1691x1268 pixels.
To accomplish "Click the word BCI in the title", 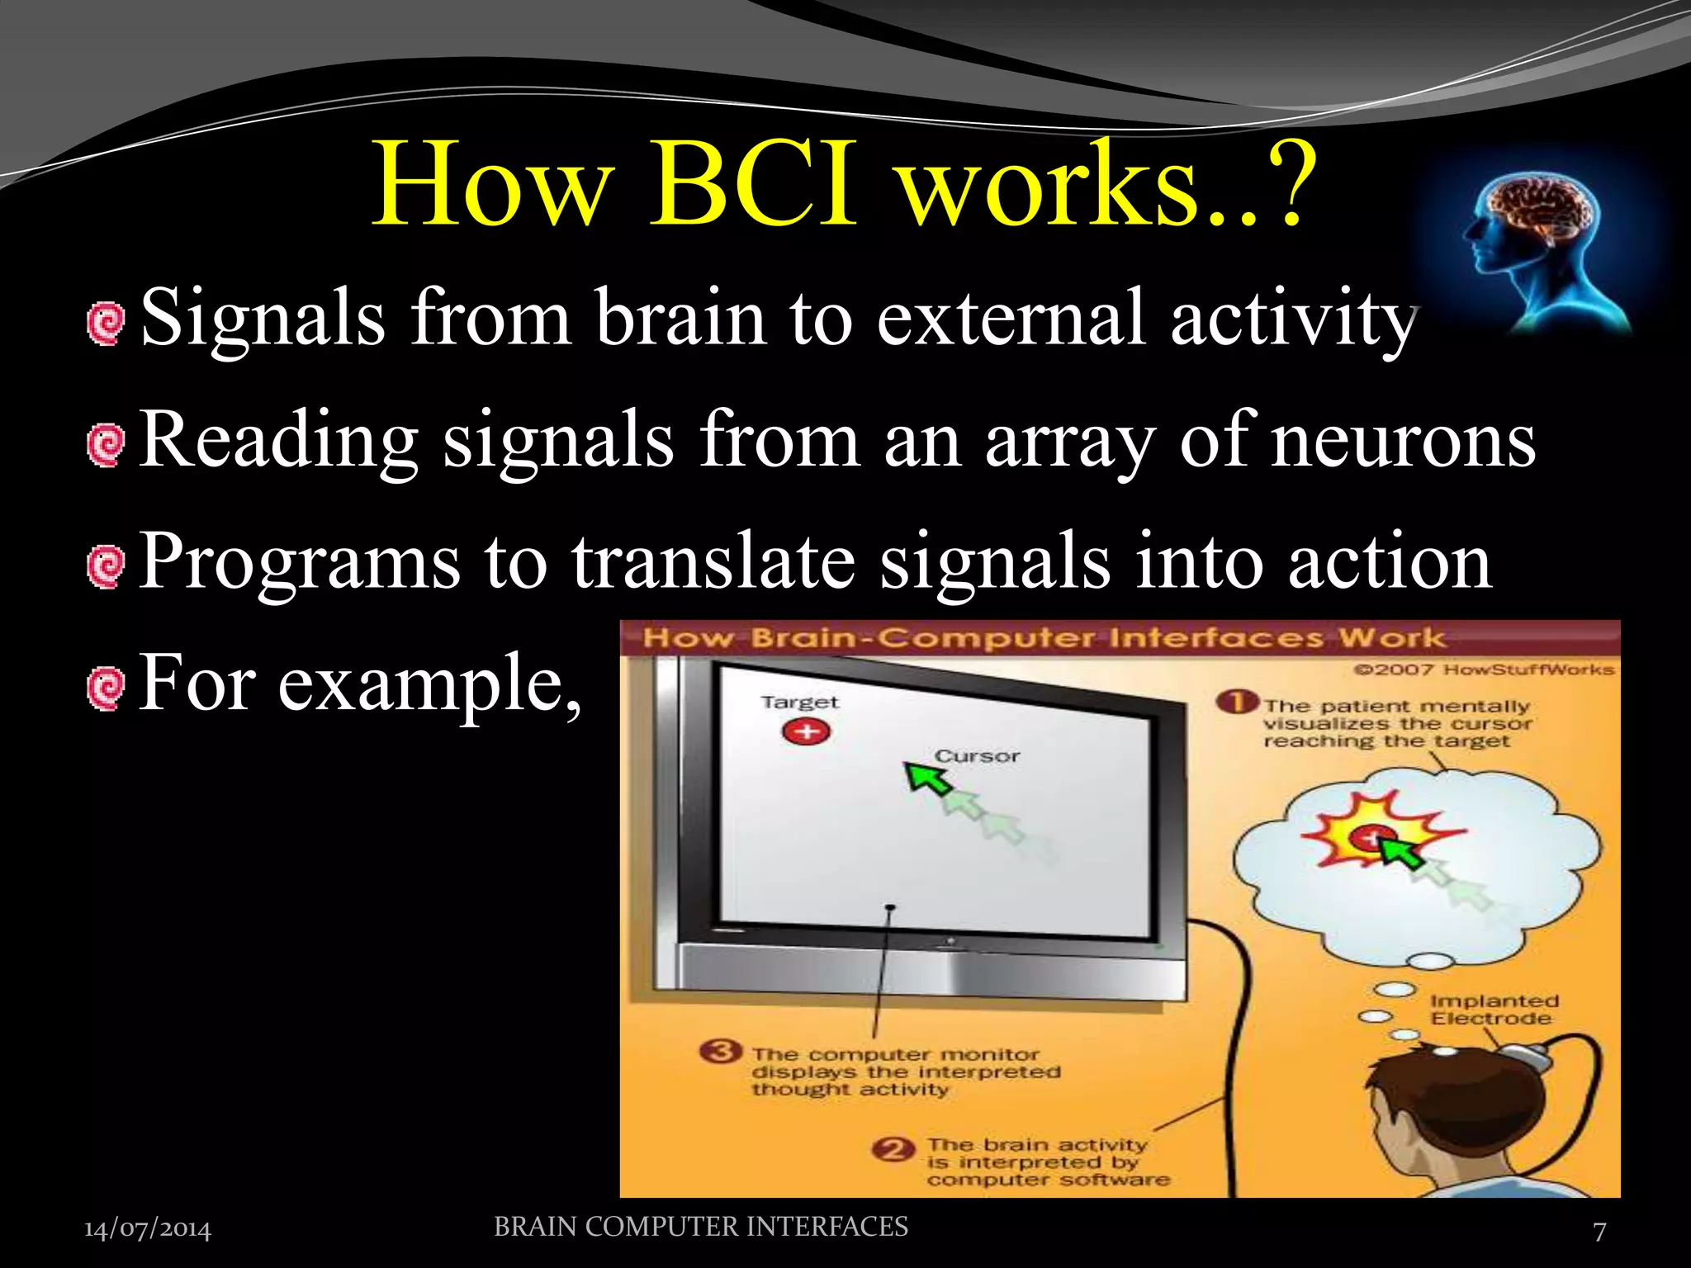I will coord(751,186).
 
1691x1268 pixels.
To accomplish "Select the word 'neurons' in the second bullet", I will coord(1402,442).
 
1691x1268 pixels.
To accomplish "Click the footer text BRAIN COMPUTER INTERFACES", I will coord(700,1227).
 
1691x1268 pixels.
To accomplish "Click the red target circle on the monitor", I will coord(806,731).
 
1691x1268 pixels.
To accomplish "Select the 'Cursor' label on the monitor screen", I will coord(977,756).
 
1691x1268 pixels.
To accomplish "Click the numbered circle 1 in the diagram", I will coord(1236,703).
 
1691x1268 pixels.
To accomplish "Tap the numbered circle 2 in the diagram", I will coord(894,1150).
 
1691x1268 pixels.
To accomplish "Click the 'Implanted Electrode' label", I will coord(1493,1010).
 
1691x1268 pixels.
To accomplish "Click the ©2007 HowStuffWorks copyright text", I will coord(1483,669).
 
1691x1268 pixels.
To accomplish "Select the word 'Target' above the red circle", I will coord(799,703).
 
